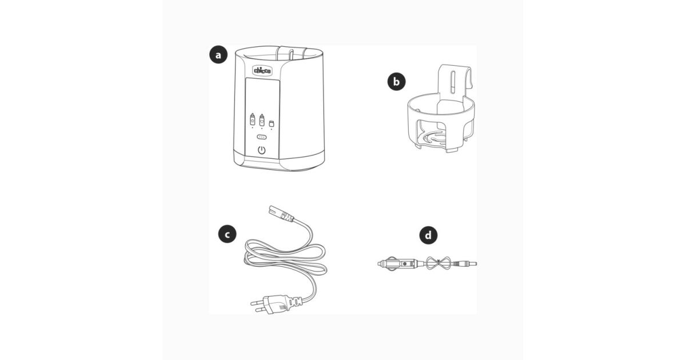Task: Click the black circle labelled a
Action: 218,55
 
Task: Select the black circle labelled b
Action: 397,82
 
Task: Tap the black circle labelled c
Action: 228,234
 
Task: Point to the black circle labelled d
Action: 428,235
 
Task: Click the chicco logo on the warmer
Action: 262,71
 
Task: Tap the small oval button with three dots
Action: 262,137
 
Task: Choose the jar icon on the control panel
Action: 272,123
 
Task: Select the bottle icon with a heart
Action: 262,119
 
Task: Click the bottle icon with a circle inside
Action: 252,119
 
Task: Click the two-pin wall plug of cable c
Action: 269,304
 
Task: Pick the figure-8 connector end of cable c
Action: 281,213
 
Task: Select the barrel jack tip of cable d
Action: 470,263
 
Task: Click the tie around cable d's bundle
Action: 439,263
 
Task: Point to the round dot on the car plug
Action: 405,263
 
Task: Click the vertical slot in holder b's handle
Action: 453,81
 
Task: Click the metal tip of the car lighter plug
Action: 380,263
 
